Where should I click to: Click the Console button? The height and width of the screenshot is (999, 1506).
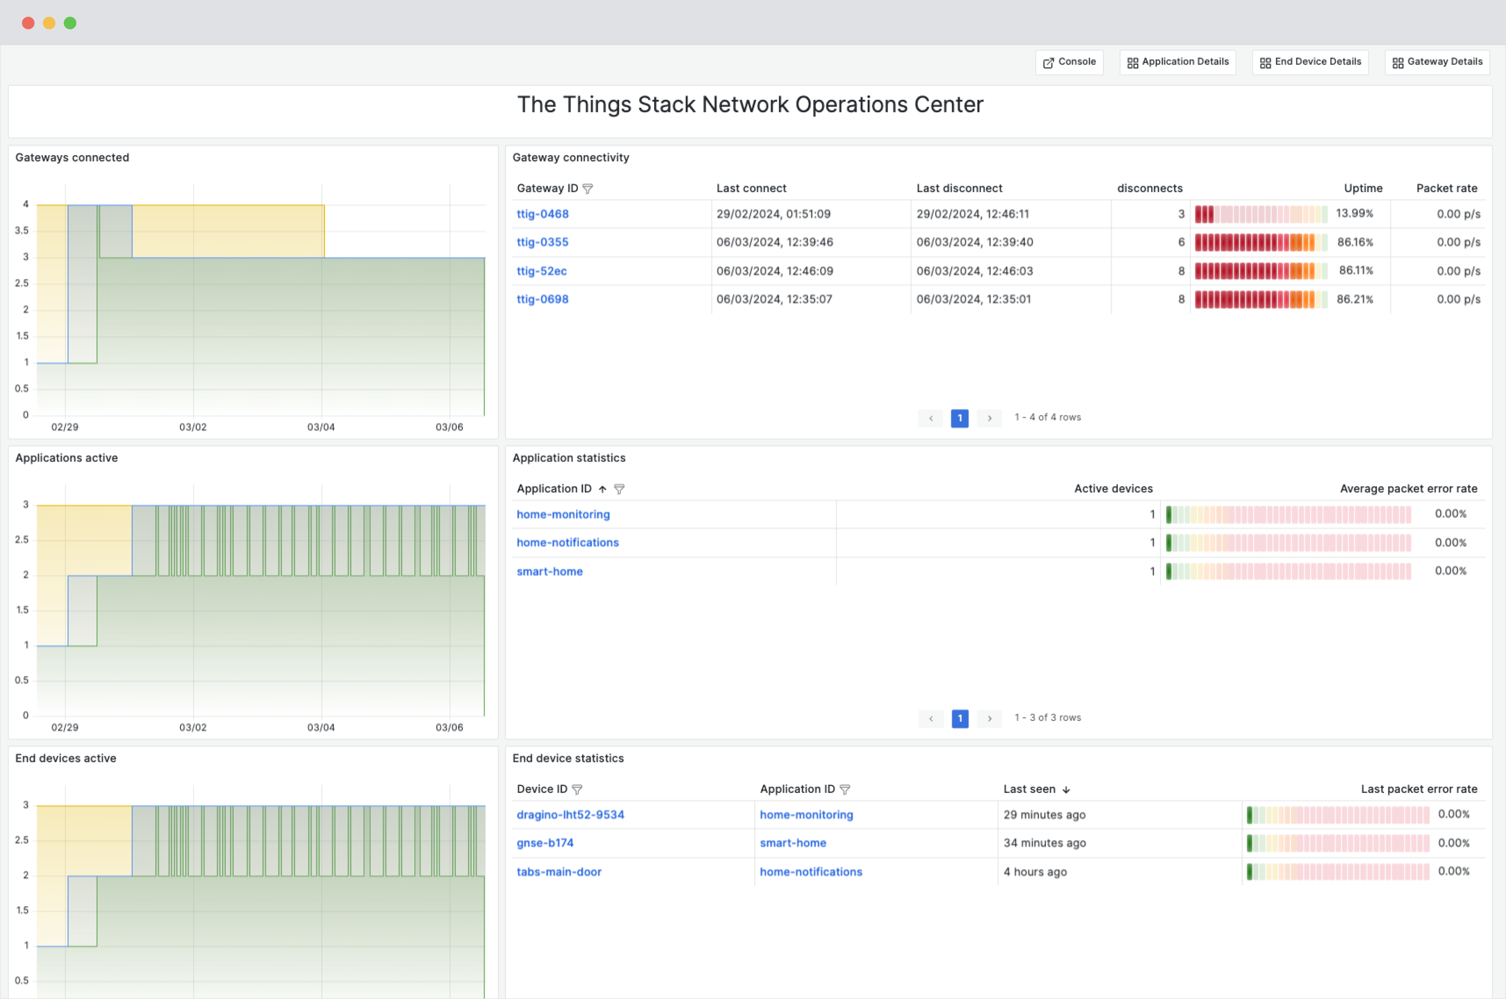pyautogui.click(x=1069, y=62)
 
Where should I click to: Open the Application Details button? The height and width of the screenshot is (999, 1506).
pyautogui.click(x=1177, y=62)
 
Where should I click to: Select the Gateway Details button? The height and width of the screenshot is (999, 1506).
pyautogui.click(x=1437, y=62)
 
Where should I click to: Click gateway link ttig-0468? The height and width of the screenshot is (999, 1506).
pyautogui.click(x=542, y=214)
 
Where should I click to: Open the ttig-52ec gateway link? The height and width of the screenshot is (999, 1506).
pyautogui.click(x=541, y=271)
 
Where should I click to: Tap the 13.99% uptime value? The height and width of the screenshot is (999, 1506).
pyautogui.click(x=1354, y=214)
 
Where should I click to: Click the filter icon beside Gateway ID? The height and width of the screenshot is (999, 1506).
pyautogui.click(x=588, y=189)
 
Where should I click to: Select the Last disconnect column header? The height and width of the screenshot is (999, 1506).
pyautogui.click(x=959, y=188)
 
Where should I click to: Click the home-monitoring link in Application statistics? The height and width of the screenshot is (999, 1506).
pyautogui.click(x=563, y=514)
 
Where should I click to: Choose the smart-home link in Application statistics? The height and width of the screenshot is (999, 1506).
pyautogui.click(x=549, y=571)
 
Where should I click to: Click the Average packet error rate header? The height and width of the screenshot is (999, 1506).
pyautogui.click(x=1408, y=489)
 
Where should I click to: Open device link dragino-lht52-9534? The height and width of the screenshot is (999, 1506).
pyautogui.click(x=570, y=815)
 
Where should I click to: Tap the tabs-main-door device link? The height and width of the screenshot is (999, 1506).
pyautogui.click(x=559, y=872)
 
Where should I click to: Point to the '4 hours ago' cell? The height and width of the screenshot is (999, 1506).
pyautogui.click(x=1035, y=872)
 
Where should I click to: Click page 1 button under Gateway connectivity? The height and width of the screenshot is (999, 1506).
pyautogui.click(x=959, y=418)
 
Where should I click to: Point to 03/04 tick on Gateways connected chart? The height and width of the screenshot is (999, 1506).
pyautogui.click(x=321, y=427)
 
